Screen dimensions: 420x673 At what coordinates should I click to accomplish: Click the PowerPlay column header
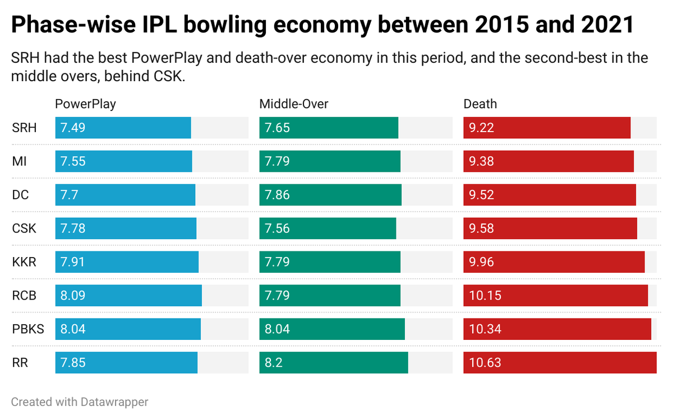(85, 104)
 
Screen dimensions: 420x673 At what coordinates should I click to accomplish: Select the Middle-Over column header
(293, 104)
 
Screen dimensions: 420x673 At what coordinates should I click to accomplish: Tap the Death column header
(480, 104)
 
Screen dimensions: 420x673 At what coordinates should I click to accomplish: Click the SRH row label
(24, 128)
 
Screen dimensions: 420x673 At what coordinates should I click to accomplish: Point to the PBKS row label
(28, 329)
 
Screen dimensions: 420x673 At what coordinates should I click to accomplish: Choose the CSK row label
(25, 228)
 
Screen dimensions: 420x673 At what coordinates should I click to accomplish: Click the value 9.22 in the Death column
(481, 128)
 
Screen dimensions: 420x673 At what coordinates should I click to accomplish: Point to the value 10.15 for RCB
(484, 296)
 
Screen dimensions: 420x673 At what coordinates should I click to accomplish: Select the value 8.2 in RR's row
(274, 363)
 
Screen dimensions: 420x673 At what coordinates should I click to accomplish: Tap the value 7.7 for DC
(69, 195)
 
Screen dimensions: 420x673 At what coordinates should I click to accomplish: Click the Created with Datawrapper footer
(80, 402)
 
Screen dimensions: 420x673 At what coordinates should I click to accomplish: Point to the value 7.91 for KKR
(72, 262)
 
